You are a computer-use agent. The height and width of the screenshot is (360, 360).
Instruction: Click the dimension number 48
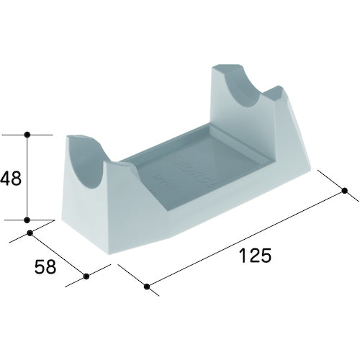(12, 177)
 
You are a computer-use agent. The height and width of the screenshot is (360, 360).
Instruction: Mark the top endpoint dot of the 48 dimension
(27, 134)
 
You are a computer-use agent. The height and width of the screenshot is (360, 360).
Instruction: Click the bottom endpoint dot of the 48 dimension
(27, 220)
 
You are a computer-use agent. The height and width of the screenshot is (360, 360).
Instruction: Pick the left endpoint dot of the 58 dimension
(30, 233)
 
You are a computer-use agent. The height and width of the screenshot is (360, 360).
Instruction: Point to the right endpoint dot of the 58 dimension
(87, 275)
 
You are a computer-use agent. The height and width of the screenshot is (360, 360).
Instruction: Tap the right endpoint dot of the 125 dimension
(344, 191)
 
